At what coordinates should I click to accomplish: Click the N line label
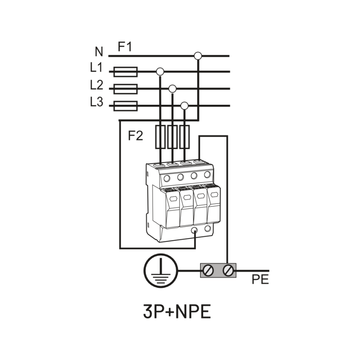pos(99,52)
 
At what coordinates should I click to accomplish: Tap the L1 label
pos(96,68)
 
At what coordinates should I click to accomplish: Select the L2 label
pos(97,85)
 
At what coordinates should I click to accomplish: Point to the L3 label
pos(97,102)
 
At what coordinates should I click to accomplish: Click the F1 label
pos(125,47)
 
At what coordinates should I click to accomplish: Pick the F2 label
pos(136,136)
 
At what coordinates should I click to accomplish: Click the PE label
pos(260,280)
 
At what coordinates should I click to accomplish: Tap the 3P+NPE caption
pos(177,312)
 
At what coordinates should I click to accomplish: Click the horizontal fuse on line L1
pos(126,72)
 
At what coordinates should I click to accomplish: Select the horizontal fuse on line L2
pos(126,89)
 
